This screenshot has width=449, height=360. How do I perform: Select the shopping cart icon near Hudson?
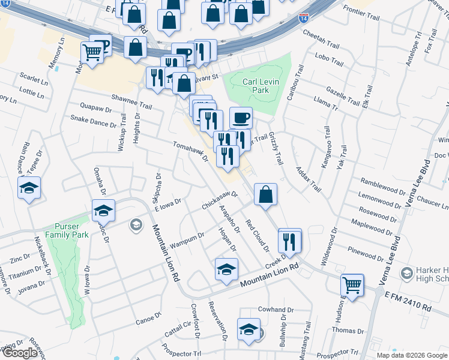(x=352, y=284)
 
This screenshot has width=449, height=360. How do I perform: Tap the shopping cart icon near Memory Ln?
(x=92, y=52)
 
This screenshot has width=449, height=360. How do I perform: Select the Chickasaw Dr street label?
(x=220, y=200)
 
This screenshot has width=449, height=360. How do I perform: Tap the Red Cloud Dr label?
(x=256, y=232)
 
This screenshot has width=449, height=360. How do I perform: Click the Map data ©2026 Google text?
(x=411, y=355)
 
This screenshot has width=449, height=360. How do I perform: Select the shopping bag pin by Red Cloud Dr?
(x=265, y=194)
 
